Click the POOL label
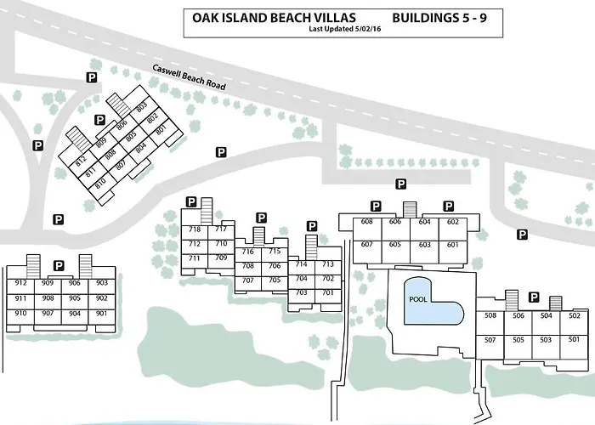pyautogui.click(x=418, y=299)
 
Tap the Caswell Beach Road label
pyautogui.click(x=189, y=77)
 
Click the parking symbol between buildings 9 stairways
pyautogui.click(x=59, y=265)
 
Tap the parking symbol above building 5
pyautogui.click(x=534, y=297)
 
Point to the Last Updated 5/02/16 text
pyautogui.click(x=345, y=29)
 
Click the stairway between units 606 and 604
pyautogui.click(x=410, y=209)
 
